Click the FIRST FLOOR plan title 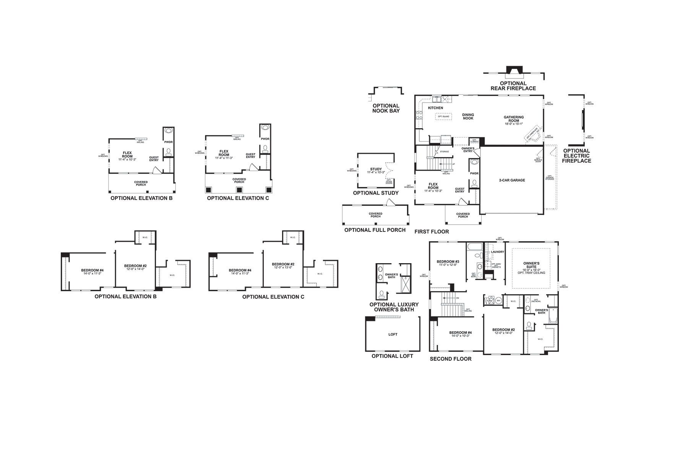click(432, 232)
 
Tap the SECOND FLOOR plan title click(451, 359)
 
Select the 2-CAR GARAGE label click(512, 180)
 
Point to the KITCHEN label click(435, 108)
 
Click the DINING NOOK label click(468, 116)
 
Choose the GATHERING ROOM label click(513, 119)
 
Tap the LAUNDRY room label click(497, 252)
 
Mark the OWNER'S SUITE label click(531, 265)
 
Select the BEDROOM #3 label click(448, 262)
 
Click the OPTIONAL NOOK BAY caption click(386, 108)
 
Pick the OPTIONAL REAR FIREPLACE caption click(513, 86)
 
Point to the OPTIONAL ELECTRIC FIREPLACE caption click(576, 156)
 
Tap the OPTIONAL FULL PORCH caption click(375, 230)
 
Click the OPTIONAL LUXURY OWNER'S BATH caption click(394, 307)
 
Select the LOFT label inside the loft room click(393, 334)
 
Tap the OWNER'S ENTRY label click(468, 150)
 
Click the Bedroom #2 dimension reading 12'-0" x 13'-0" click(283, 267)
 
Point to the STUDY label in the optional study click(376, 169)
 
